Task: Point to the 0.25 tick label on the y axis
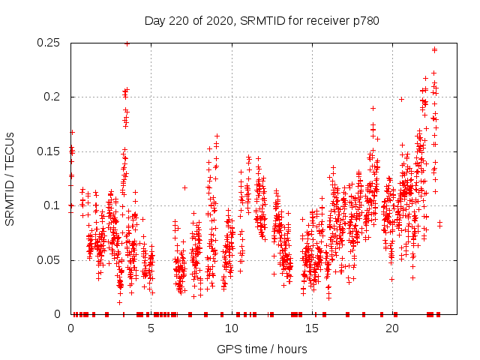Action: [50, 43]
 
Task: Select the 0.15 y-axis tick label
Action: [50, 151]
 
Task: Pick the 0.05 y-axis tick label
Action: [50, 260]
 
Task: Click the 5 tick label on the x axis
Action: [151, 328]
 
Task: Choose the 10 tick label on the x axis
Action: [231, 328]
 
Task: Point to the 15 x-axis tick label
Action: [311, 328]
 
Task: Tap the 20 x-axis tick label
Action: [391, 328]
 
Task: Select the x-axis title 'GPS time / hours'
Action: [262, 349]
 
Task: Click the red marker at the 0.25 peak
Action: [127, 43]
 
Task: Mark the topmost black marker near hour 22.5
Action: [434, 49]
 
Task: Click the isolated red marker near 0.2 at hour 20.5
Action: [401, 99]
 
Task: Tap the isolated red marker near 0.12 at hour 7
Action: [184, 187]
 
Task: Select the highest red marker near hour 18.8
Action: [373, 108]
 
